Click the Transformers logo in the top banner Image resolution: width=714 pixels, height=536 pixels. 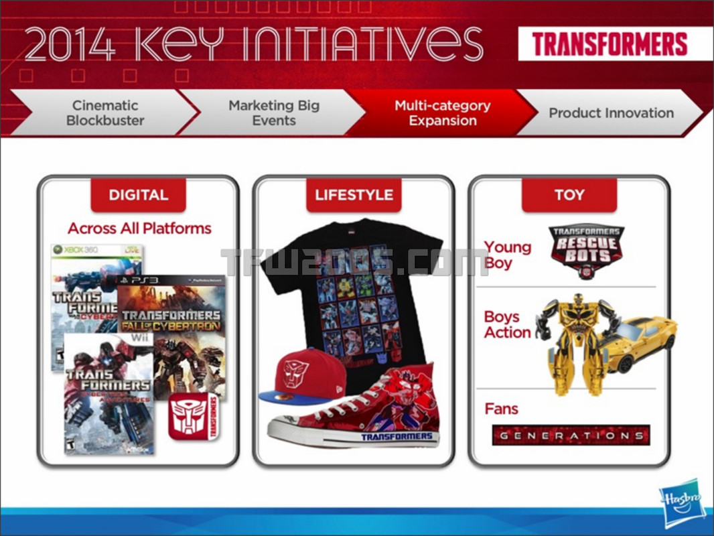[610, 44]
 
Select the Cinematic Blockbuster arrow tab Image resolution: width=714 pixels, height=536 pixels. [105, 113]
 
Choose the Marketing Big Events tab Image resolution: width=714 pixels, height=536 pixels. [274, 113]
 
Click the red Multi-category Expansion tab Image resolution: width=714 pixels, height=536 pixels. [442, 113]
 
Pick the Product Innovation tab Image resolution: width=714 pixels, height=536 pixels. [611, 113]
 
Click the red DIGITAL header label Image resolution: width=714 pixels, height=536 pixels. [138, 195]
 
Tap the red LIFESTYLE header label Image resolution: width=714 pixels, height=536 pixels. [354, 195]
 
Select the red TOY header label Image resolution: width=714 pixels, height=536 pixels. [569, 195]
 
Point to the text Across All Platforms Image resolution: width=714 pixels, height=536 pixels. [139, 228]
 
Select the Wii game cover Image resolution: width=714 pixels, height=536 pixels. [107, 395]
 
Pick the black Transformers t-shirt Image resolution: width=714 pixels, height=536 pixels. [352, 288]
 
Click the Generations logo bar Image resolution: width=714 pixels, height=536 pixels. [571, 435]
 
